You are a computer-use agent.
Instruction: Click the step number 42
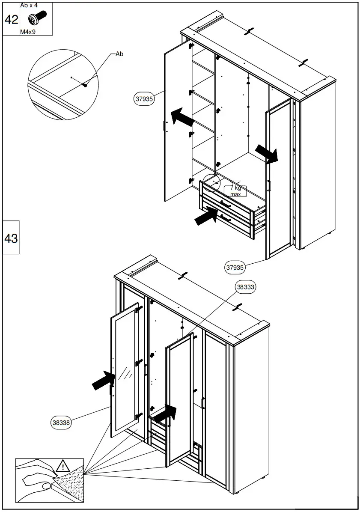click(x=11, y=20)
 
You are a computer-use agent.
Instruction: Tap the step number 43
click(x=11, y=238)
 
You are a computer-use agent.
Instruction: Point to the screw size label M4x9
click(x=28, y=32)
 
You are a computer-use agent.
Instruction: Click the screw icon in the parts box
click(x=37, y=19)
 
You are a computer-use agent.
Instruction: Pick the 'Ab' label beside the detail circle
click(x=119, y=54)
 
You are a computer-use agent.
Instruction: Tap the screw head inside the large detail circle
click(x=85, y=85)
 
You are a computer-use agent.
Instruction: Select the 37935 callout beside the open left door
click(x=144, y=99)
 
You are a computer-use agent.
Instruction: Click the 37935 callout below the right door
click(x=235, y=268)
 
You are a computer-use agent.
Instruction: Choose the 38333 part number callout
click(x=245, y=287)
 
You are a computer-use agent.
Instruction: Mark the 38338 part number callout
click(x=61, y=423)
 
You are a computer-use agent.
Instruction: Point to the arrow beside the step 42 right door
click(x=267, y=153)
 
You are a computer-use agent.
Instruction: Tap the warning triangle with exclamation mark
click(x=63, y=465)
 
